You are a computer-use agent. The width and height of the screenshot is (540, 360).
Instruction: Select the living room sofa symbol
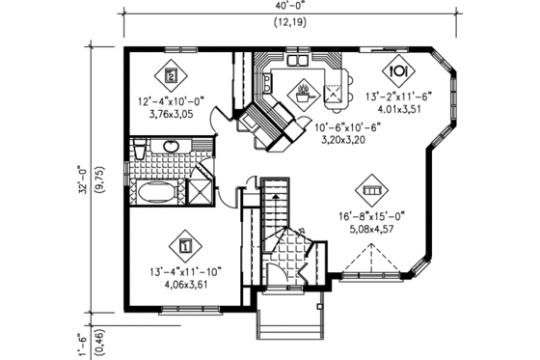coord(372,188)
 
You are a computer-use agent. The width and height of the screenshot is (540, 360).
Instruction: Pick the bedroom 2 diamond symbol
coord(171,73)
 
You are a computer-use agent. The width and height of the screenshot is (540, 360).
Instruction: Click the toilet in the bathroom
coord(139,149)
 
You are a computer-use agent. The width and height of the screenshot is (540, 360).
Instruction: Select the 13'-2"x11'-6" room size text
coord(398,96)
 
